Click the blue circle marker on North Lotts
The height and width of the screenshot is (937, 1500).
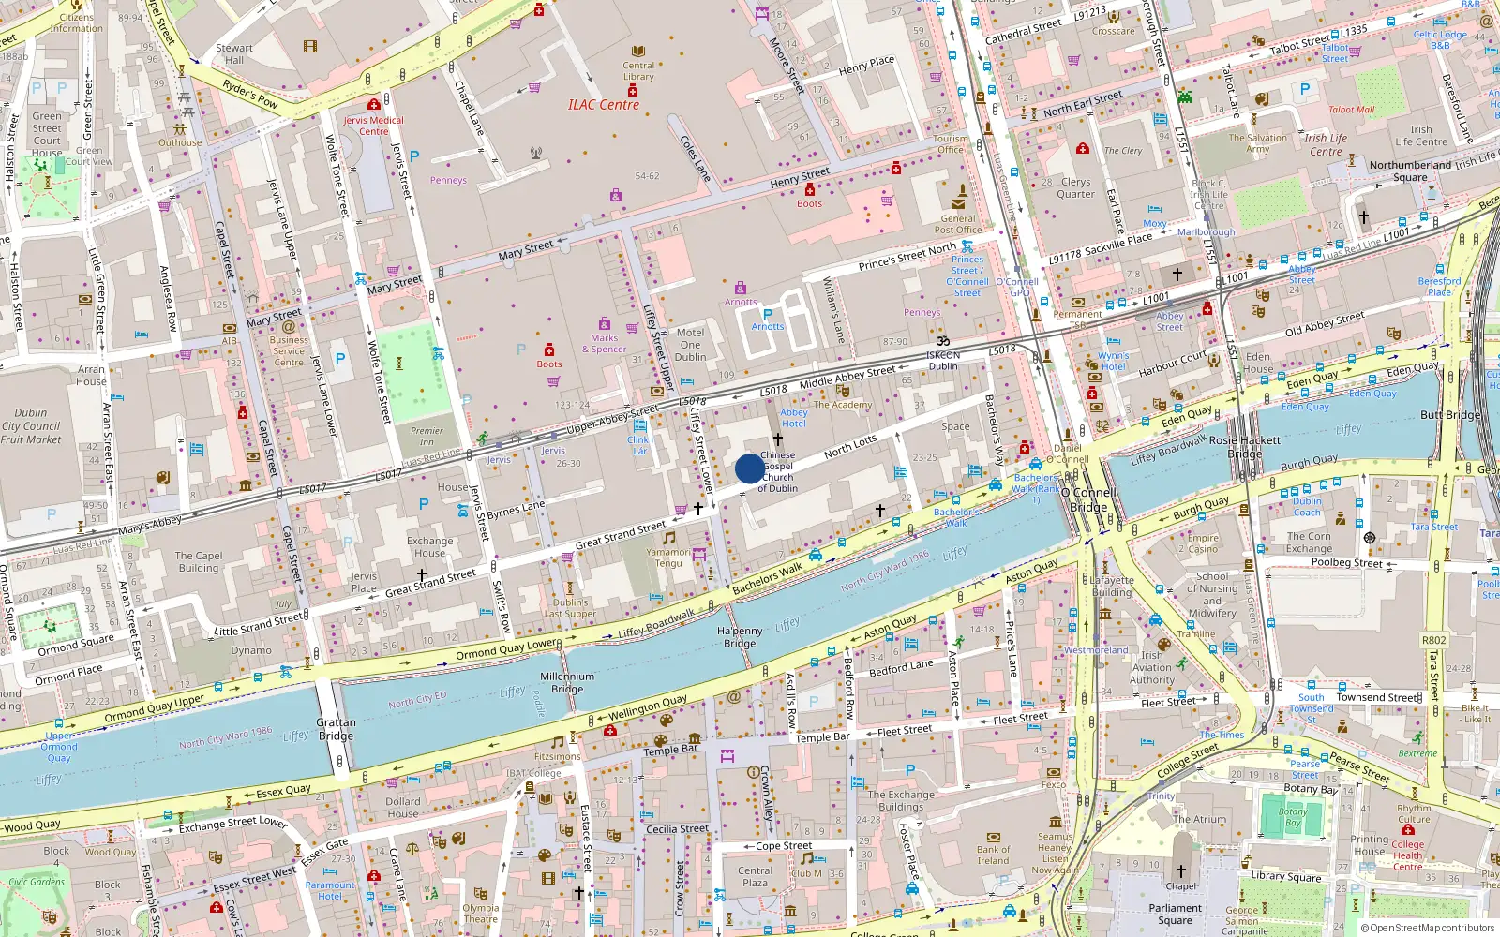pyautogui.click(x=749, y=468)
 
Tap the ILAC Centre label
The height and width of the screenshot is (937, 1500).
pyautogui.click(x=604, y=105)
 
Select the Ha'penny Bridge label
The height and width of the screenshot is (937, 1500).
pyautogui.click(x=740, y=637)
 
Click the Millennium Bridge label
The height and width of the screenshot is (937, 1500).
pyautogui.click(x=567, y=682)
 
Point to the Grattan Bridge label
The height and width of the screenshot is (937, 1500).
pyautogui.click(x=336, y=729)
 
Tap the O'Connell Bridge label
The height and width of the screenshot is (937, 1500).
pyautogui.click(x=1088, y=499)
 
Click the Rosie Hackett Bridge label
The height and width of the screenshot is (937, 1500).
pyautogui.click(x=1245, y=446)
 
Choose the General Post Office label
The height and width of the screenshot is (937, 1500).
pyautogui.click(x=957, y=223)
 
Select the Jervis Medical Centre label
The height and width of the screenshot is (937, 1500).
pyautogui.click(x=373, y=126)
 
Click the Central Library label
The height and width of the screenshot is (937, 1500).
pyautogui.click(x=638, y=71)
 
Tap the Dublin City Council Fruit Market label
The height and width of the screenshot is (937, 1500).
pyautogui.click(x=31, y=425)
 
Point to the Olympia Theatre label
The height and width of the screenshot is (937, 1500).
pyautogui.click(x=480, y=913)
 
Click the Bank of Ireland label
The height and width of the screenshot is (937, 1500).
pyautogui.click(x=993, y=855)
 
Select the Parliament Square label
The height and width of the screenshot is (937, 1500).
pyautogui.click(x=1175, y=914)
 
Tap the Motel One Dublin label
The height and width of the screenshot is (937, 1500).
pyautogui.click(x=690, y=345)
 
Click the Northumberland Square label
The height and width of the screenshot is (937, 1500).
pyautogui.click(x=1410, y=171)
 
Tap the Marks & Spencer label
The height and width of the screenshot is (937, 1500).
pyautogui.click(x=604, y=344)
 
